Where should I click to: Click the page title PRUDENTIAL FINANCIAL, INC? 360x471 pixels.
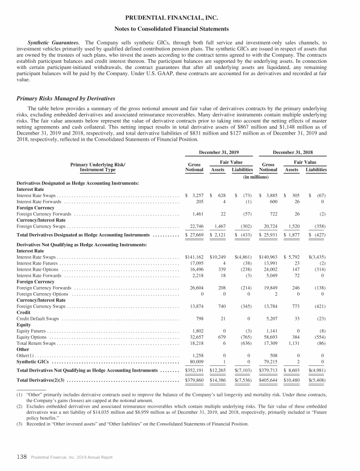(x=180, y=17)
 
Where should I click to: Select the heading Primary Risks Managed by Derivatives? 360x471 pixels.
(x=66, y=99)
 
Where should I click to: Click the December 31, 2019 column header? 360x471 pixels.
(x=219, y=152)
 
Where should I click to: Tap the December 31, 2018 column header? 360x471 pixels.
(x=292, y=152)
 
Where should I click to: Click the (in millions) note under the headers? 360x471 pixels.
(x=255, y=177)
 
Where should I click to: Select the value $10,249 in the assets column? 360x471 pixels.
(x=218, y=257)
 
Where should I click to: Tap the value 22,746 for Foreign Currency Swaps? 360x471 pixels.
(x=195, y=226)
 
